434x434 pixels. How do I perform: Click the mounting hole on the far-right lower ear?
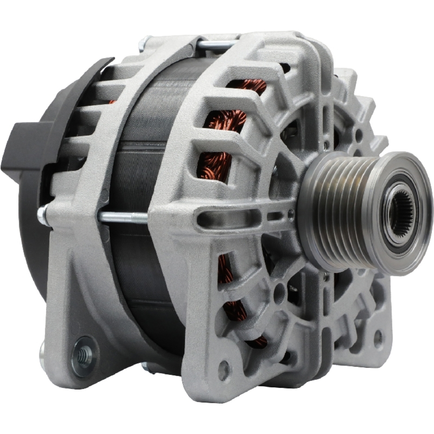pos(378,336)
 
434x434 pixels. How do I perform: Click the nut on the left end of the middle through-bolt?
pos(43,215)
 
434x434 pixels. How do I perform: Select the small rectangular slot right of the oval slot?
pos(275,216)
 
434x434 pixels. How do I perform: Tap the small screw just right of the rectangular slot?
pos(290,214)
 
